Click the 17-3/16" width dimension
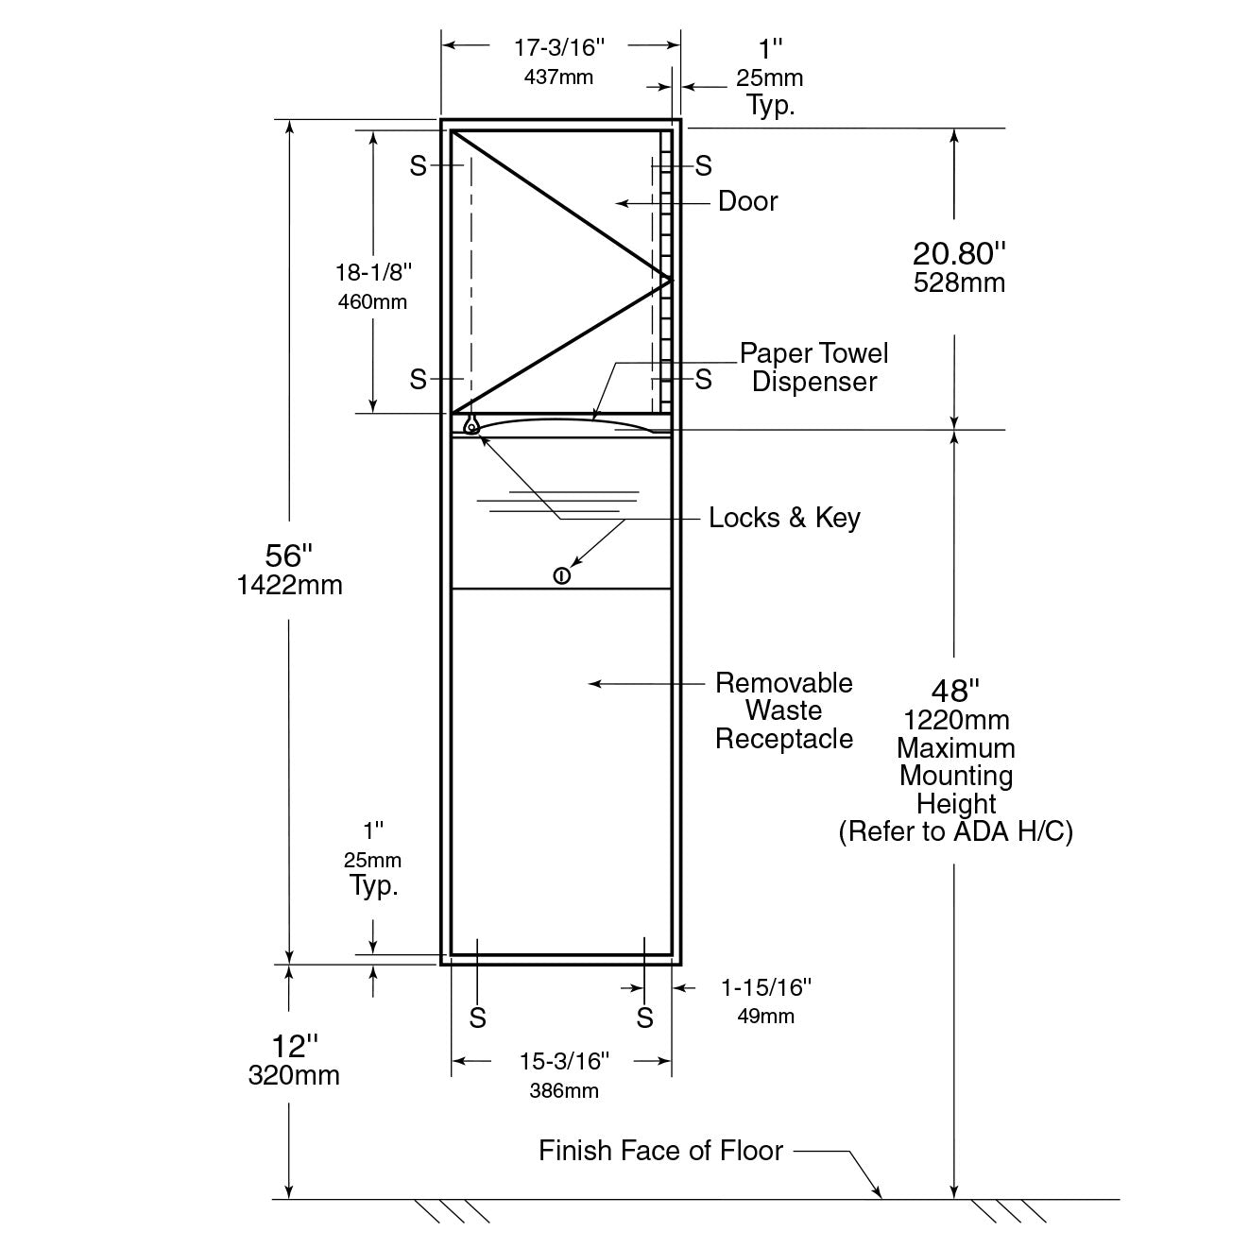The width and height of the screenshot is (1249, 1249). click(558, 47)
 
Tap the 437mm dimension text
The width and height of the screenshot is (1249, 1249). click(558, 77)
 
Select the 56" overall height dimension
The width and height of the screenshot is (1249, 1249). click(288, 556)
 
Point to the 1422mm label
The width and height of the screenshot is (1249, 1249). click(289, 585)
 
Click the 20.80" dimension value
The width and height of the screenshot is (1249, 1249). click(959, 253)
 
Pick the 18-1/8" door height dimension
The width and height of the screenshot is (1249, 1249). click(373, 272)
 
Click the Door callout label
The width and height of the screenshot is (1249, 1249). click(747, 201)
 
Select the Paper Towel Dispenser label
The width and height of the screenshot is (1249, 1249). click(814, 368)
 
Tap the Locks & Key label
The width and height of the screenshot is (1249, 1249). click(784, 518)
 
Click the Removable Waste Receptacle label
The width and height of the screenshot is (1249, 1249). click(783, 711)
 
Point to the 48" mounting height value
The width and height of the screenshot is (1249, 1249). click(955, 691)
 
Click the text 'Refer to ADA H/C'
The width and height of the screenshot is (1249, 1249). click(955, 831)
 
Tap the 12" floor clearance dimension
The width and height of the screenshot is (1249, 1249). click(294, 1047)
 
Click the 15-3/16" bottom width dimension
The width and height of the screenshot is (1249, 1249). click(564, 1061)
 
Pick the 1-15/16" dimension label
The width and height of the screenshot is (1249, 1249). click(766, 987)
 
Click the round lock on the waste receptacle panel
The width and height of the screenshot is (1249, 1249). click(561, 575)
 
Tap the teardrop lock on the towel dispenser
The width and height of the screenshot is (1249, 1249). click(471, 425)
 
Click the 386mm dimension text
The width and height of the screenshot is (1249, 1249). click(564, 1091)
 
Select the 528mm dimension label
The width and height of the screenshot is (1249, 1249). click(959, 283)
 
